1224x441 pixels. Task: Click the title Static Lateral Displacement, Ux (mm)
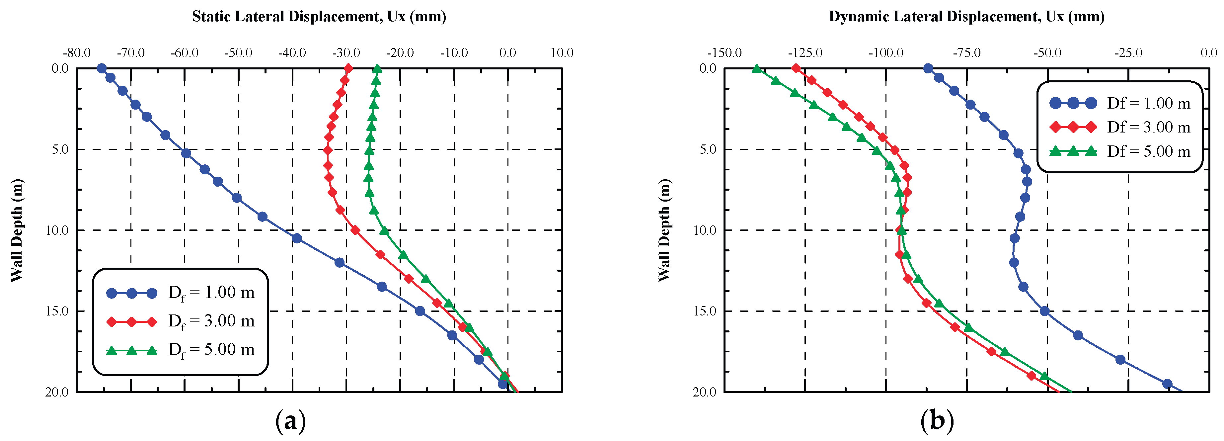319,17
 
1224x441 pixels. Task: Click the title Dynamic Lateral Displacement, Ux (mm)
966,17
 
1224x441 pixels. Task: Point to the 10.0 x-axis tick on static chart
562,53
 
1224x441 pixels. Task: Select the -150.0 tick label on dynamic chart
724,53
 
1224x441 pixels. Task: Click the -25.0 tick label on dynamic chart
1128,53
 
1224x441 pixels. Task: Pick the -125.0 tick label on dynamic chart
805,53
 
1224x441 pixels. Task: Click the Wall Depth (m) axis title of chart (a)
17,230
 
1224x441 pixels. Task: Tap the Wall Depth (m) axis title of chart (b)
664,230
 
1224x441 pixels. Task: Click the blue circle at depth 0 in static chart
101,68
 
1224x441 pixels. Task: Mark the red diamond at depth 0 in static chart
348,68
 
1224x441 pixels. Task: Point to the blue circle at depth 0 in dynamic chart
928,68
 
